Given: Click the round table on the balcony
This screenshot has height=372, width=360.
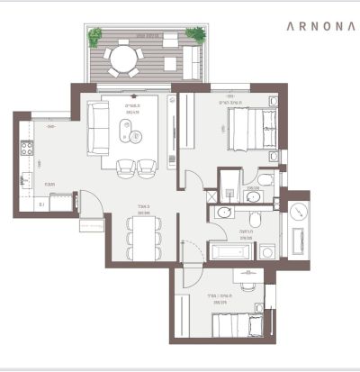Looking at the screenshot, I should pyautogui.click(x=123, y=59).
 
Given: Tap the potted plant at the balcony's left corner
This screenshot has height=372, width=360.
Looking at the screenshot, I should pyautogui.click(x=94, y=35).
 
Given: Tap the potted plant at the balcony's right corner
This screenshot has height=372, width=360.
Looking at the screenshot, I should pyautogui.click(x=195, y=35).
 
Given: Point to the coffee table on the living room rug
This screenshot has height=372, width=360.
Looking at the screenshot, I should pyautogui.click(x=136, y=138).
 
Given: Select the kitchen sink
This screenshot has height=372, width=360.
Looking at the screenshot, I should pyautogui.click(x=26, y=179).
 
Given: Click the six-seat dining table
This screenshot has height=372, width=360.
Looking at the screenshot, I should pyautogui.click(x=141, y=239).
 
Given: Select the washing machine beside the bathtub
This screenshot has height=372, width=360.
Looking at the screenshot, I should pyautogui.click(x=266, y=250).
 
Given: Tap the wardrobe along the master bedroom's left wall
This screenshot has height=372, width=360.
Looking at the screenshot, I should pyautogui.click(x=186, y=126).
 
